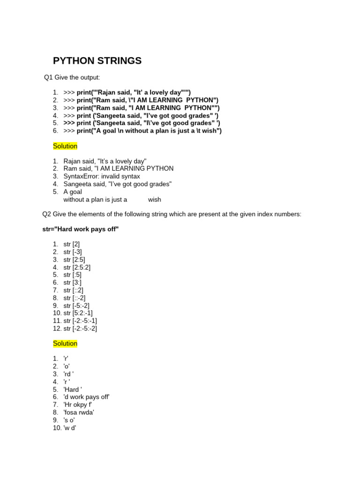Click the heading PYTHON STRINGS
pos(97,61)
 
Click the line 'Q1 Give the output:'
pos(72,77)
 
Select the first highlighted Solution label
pos(65,146)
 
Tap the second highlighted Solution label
pos(65,344)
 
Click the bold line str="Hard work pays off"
pos(80,229)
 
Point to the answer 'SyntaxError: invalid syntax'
pos(102,176)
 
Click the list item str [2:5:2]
pos(77,267)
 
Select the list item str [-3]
pos(73,252)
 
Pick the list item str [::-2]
pos(75,298)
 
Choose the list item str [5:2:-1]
pos(78,313)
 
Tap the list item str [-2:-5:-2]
pos(80,328)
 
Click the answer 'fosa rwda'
pos(79,412)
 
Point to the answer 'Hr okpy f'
pos(78,405)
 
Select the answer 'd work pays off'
pos(86,397)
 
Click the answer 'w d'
pos(70,427)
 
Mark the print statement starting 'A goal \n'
pos(149,131)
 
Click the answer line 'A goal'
pos(73,192)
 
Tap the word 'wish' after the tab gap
pos(154,200)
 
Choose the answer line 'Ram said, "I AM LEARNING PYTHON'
pos(119,169)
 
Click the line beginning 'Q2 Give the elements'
pos(172,214)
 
